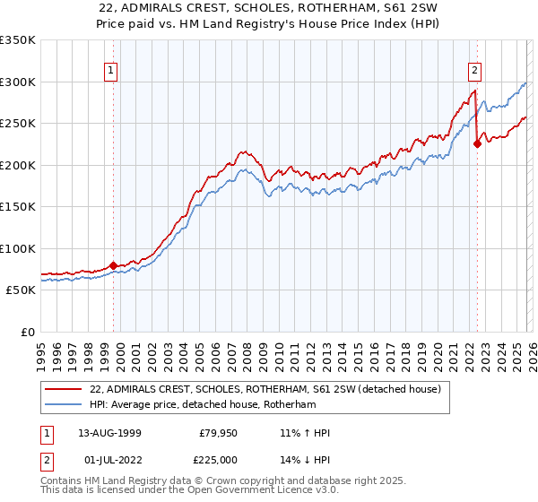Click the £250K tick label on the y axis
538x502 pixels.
click(x=18, y=124)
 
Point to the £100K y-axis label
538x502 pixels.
click(x=18, y=248)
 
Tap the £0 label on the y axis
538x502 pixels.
click(x=27, y=332)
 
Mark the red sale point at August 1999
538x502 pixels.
click(x=114, y=265)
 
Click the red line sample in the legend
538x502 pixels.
click(x=64, y=390)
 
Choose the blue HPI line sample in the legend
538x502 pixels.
click(x=64, y=404)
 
